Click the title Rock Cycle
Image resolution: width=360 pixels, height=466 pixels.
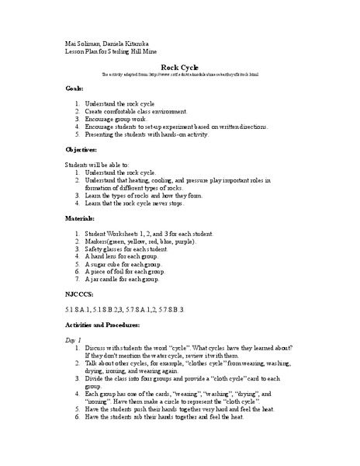click(180, 68)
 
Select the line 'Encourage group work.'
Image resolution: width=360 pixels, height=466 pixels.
click(124, 120)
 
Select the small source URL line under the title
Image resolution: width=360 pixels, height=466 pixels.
click(179, 75)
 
